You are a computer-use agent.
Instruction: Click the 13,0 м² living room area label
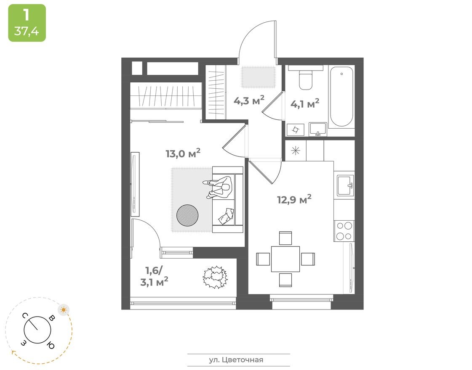coord(183,153)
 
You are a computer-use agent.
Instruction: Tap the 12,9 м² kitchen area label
coord(294,199)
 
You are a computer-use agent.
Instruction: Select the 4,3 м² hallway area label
coord(249,101)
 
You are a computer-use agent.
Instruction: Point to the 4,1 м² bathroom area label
coord(305,103)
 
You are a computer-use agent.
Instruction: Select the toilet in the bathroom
coord(306,79)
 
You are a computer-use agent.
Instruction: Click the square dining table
coord(285,259)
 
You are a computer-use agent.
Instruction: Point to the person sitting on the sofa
coord(219,188)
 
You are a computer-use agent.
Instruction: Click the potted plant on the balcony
coord(215,277)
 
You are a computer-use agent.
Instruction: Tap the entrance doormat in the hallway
coord(258,77)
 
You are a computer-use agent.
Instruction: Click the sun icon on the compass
coord(64,310)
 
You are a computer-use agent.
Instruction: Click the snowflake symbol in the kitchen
coord(296,151)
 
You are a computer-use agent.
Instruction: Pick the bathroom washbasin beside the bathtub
coord(317,129)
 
